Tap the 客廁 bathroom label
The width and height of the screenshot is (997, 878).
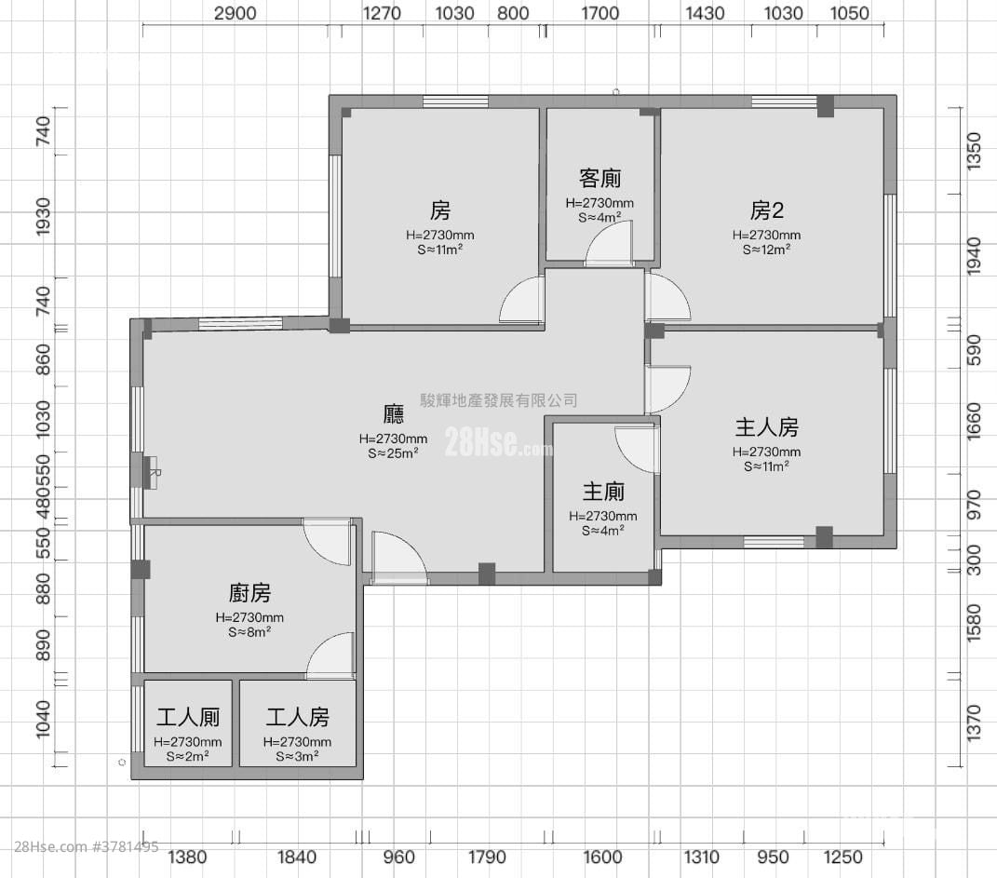pos(600,178)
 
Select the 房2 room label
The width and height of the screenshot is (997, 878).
pos(767,209)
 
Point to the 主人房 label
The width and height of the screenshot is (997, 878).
pos(766,427)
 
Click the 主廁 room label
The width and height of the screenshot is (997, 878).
pos(603,492)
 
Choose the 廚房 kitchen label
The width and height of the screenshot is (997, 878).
pos(249,593)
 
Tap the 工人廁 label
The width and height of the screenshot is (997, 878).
pos(188,718)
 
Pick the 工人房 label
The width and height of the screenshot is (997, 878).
pos(297,718)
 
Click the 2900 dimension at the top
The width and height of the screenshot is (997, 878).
pos(235,13)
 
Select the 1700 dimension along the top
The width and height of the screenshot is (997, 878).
pos(600,13)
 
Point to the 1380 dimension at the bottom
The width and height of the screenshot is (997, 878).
pos(187,858)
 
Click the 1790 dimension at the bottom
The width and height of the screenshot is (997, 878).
pos(487,858)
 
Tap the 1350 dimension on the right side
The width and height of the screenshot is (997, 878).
pos(974,150)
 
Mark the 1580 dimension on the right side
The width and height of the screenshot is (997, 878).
pos(974,622)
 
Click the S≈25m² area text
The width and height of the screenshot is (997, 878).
pos(393,453)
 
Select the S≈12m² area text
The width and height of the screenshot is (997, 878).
pos(766,250)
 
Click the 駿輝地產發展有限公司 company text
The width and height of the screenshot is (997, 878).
pos(499,400)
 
